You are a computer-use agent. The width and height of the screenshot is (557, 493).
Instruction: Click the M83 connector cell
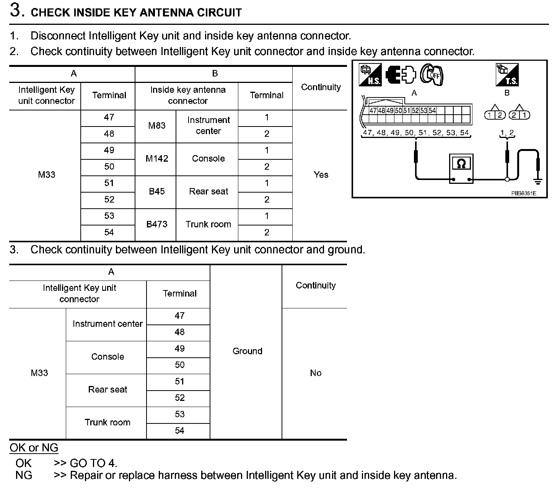coord(157,126)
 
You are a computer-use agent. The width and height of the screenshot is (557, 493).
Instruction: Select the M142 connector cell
coord(157,159)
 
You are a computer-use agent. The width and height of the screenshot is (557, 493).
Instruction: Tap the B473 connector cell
coord(157,224)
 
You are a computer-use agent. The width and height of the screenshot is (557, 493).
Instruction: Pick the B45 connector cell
coord(157,191)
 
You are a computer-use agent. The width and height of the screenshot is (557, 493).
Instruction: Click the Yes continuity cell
coord(321,175)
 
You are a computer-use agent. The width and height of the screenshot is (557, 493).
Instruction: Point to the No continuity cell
coord(315,373)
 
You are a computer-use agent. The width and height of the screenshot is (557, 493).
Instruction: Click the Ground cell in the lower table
coord(247,351)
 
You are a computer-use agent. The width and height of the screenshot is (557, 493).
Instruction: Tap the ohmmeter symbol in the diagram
coord(461,169)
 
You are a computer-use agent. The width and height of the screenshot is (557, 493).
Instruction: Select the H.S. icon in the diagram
coord(370,75)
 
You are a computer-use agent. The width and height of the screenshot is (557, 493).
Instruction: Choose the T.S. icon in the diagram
coord(507,75)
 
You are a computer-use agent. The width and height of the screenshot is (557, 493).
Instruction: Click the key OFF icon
coord(431,75)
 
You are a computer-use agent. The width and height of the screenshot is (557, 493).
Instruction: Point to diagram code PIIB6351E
coord(523,193)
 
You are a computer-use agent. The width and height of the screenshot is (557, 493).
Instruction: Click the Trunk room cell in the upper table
coord(208,224)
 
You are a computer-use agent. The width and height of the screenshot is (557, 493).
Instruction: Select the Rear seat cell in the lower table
coord(107,389)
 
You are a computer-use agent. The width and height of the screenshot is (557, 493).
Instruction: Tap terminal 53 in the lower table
coord(179,414)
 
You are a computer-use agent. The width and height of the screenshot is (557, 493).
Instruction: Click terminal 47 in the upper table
coord(109,117)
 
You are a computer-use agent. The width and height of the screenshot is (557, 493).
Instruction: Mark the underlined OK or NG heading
coord(34,448)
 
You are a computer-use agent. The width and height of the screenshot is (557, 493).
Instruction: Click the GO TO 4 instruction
coord(86,463)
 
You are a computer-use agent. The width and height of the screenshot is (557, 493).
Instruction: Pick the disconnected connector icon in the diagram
coord(400,75)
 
